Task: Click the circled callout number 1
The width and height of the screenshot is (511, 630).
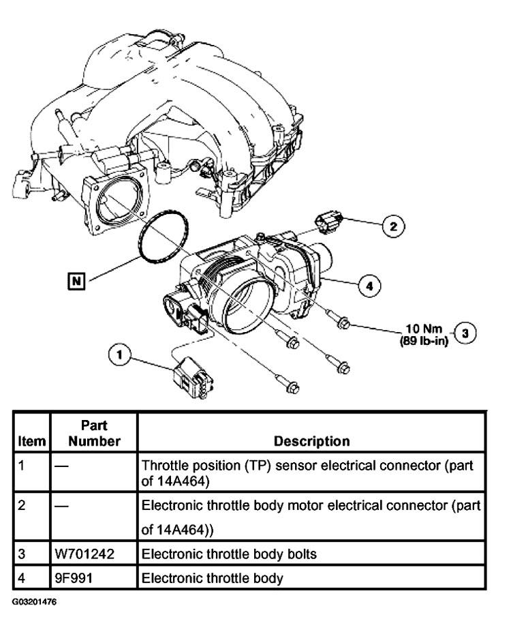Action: [119, 355]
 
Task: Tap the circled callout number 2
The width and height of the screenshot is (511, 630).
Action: [393, 226]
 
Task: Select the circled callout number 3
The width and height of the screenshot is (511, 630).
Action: [465, 333]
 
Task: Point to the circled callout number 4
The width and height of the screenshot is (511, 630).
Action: [369, 286]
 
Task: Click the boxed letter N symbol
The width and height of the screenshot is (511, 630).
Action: [76, 281]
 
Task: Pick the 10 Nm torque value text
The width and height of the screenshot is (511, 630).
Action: [424, 329]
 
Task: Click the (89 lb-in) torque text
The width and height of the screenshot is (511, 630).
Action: [424, 341]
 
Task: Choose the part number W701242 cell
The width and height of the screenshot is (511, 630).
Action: [84, 554]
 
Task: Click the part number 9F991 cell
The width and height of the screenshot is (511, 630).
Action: [74, 578]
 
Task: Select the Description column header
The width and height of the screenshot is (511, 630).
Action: [311, 441]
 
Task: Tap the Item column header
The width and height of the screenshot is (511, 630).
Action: [32, 441]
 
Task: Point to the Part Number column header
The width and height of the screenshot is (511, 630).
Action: [94, 433]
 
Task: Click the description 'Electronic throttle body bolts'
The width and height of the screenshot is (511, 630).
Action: [229, 554]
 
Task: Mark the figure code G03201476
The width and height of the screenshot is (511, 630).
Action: [34, 602]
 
